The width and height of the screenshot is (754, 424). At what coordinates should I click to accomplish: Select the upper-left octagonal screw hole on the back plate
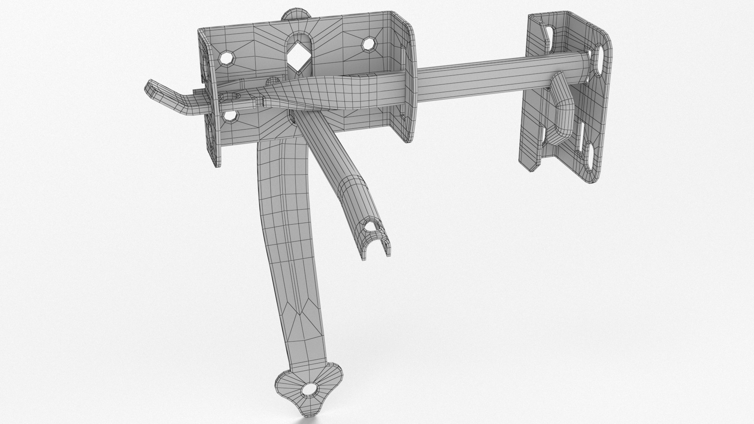(227, 58)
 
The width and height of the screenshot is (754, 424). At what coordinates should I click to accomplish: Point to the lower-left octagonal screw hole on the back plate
(230, 117)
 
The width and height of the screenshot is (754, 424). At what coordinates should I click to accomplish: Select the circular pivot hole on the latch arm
(232, 97)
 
